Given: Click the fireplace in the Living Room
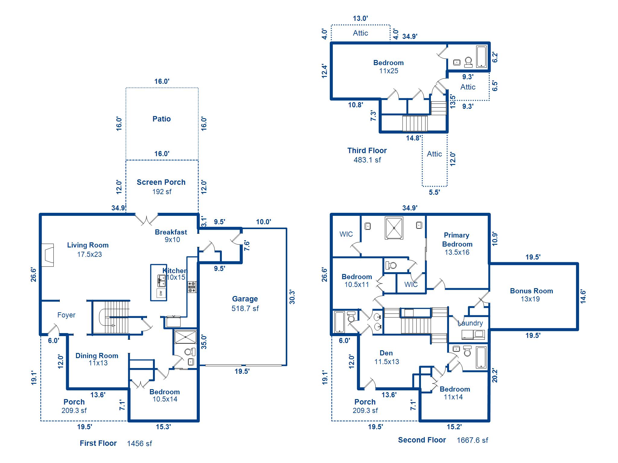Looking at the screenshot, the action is pyautogui.click(x=47, y=255).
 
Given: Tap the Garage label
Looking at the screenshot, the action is pyautogui.click(x=245, y=299).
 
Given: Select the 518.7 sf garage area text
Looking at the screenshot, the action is pyautogui.click(x=245, y=308).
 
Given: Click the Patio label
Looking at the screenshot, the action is pyautogui.click(x=161, y=119).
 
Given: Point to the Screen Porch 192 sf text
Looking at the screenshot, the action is pyautogui.click(x=161, y=187).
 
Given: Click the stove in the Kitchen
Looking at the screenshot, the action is pyautogui.click(x=192, y=287).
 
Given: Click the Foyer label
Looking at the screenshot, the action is pyautogui.click(x=66, y=315).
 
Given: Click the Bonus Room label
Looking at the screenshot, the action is pyautogui.click(x=531, y=291).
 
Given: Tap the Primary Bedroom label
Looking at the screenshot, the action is pyautogui.click(x=457, y=240).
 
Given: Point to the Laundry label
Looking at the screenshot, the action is pyautogui.click(x=470, y=323).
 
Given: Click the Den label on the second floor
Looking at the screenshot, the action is pyautogui.click(x=386, y=353).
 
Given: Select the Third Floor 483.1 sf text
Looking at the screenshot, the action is pyautogui.click(x=367, y=155).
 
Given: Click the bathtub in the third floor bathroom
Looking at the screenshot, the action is pyautogui.click(x=481, y=56).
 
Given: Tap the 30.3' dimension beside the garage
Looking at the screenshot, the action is pyautogui.click(x=292, y=297).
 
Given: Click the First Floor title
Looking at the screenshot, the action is pyautogui.click(x=98, y=443).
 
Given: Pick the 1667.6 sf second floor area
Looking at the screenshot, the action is pyautogui.click(x=472, y=440).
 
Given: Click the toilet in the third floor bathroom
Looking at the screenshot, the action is pyautogui.click(x=468, y=62).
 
